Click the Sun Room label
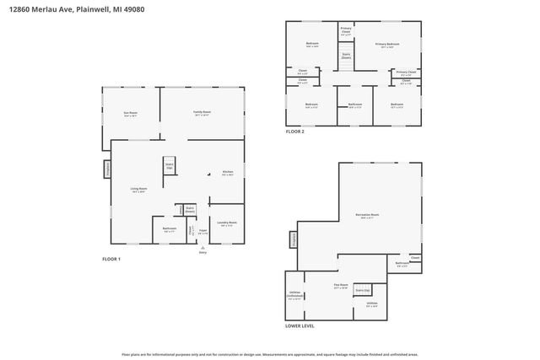130,113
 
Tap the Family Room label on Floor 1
202,113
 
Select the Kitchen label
227,173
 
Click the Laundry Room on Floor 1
226,223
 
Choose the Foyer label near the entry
202,232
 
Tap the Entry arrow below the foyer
202,247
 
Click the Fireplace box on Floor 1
107,169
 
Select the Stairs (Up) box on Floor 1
169,166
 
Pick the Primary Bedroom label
387,44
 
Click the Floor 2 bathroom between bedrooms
355,105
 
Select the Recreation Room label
368,215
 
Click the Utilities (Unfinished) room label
294,295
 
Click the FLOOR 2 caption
294,132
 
